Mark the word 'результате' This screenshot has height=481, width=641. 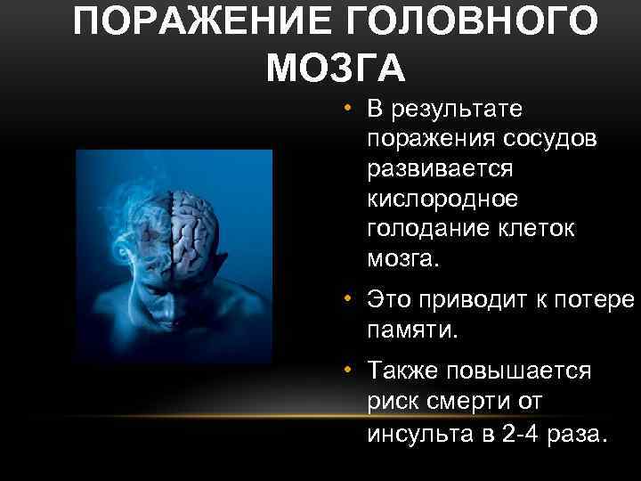click(457, 109)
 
